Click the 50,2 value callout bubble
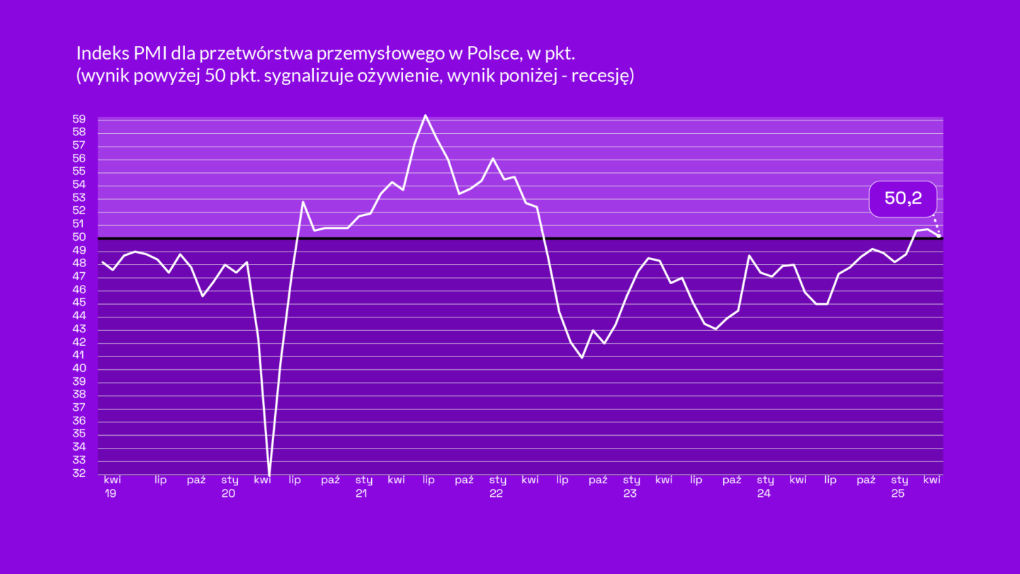pyautogui.click(x=903, y=198)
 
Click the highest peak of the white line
pyautogui.click(x=425, y=115)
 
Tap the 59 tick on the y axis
pyautogui.click(x=79, y=119)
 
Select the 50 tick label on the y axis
pyautogui.click(x=79, y=237)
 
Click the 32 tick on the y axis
pyautogui.click(x=79, y=473)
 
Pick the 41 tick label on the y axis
pyautogui.click(x=79, y=356)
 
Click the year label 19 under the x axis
pyautogui.click(x=110, y=493)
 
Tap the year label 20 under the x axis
pyautogui.click(x=228, y=493)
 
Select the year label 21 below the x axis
pyautogui.click(x=361, y=493)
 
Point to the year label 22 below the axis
pyautogui.click(x=496, y=493)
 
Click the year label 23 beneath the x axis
pyautogui.click(x=630, y=493)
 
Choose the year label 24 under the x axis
pyautogui.click(x=764, y=493)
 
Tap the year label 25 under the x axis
pyautogui.click(x=897, y=493)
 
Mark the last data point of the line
pyautogui.click(x=939, y=235)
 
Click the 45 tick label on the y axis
pyautogui.click(x=79, y=303)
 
